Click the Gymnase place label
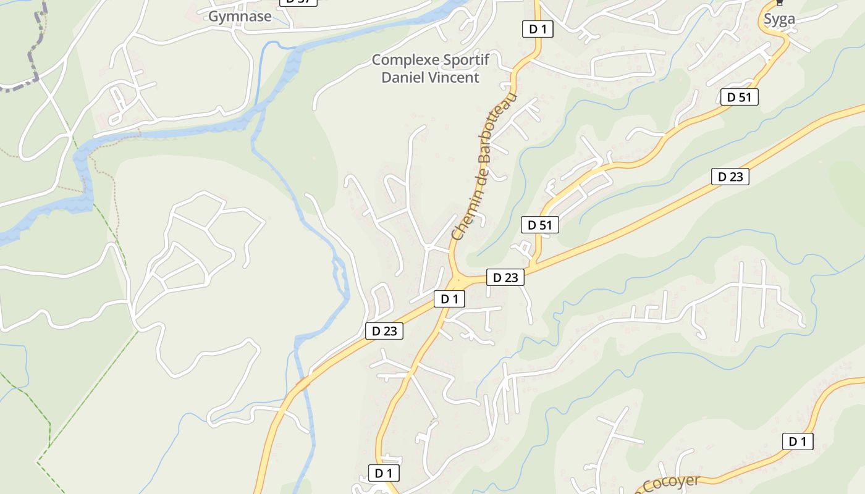[x=240, y=17]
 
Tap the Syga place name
[x=779, y=19]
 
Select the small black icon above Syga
[x=779, y=2]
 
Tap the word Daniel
[x=403, y=77]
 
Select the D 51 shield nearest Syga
[x=739, y=97]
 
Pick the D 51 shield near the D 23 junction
[x=540, y=225]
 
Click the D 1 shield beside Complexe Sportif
[x=537, y=28]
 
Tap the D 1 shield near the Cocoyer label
[x=798, y=442]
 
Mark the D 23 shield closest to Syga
[x=730, y=177]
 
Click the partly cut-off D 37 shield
[x=298, y=2]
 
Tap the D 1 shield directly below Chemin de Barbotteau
[x=449, y=299]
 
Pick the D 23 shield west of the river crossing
[x=384, y=331]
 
